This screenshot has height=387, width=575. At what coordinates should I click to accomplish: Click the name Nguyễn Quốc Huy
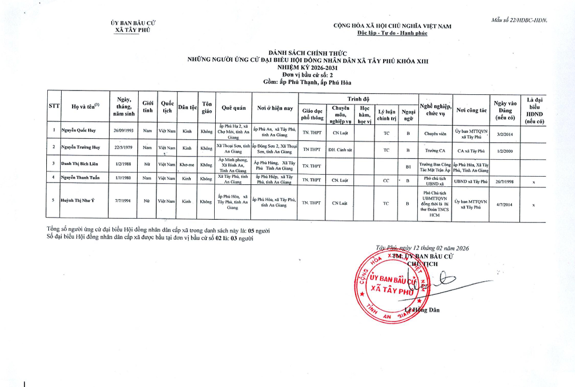coord(78,130)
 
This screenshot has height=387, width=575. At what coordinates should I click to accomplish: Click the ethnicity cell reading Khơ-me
coord(187,165)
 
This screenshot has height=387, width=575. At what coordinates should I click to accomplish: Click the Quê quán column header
coord(233,108)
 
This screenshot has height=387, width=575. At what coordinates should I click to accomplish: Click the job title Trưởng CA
coord(435,150)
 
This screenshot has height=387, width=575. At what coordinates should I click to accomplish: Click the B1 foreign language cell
coord(408,166)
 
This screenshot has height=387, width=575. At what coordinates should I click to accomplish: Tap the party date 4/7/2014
coord(505,204)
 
